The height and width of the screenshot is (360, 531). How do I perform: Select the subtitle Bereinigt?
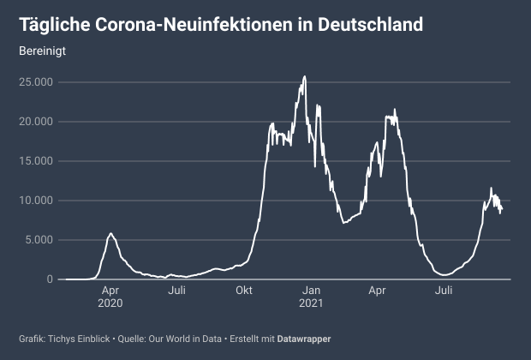(43, 51)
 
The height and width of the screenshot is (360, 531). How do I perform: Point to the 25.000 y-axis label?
(37, 82)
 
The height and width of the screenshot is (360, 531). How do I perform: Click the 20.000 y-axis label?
(37, 122)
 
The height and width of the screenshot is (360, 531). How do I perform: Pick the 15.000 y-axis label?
(37, 161)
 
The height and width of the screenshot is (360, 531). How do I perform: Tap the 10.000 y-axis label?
(37, 201)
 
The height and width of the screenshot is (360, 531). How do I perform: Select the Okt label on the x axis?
(244, 291)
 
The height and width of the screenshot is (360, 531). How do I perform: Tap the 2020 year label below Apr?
(110, 303)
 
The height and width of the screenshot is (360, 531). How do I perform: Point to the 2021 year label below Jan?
(311, 303)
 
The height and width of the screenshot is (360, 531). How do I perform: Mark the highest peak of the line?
(305, 76)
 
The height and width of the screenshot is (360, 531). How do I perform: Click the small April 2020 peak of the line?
(110, 233)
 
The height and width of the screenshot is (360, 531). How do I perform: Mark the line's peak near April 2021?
(395, 110)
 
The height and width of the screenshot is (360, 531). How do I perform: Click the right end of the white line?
(502, 209)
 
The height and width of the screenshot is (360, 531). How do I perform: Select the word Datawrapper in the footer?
(303, 339)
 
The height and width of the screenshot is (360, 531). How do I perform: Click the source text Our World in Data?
(188, 339)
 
